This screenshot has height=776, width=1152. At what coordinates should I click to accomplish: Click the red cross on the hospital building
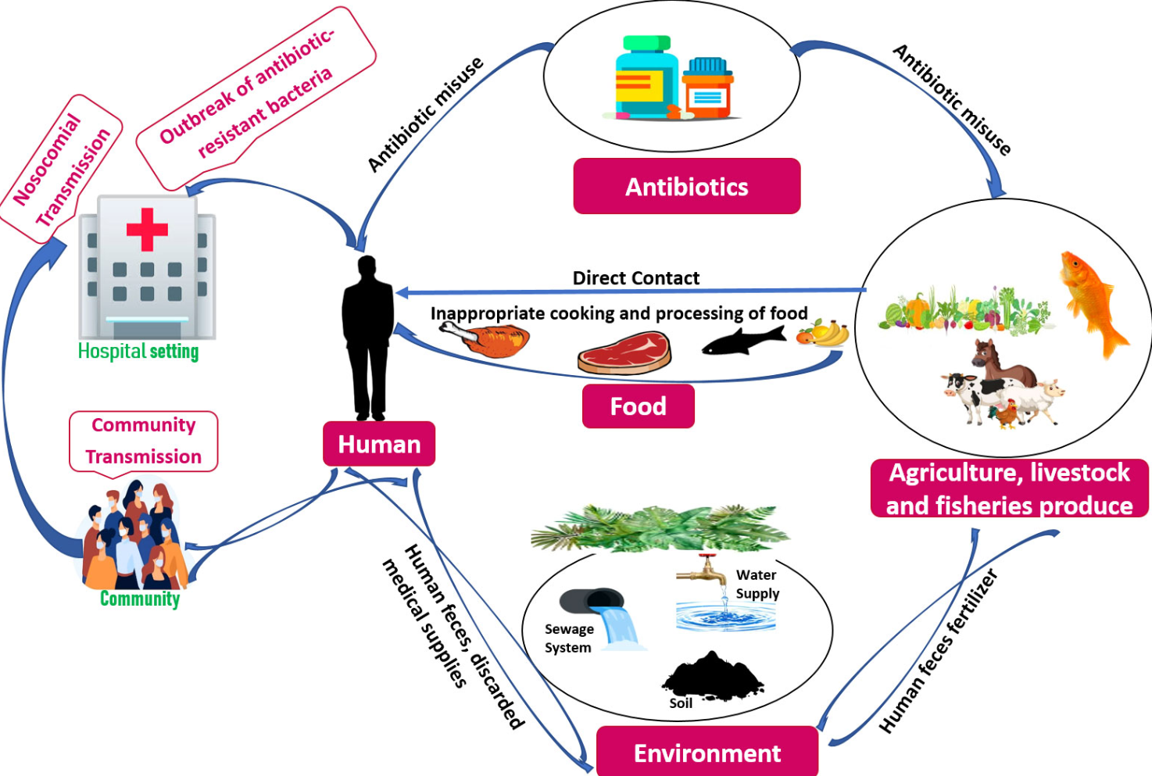click(x=147, y=229)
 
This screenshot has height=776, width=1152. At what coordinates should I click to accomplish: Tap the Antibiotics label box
click(x=686, y=187)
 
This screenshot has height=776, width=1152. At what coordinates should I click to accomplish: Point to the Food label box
click(x=638, y=406)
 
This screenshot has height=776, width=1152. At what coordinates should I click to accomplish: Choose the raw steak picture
click(x=625, y=353)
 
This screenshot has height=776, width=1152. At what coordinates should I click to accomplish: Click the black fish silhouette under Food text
click(x=742, y=341)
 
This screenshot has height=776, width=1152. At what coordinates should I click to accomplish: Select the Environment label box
click(x=707, y=753)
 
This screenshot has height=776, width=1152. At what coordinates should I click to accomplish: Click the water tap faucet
click(x=700, y=570)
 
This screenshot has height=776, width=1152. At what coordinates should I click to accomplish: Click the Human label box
click(x=379, y=444)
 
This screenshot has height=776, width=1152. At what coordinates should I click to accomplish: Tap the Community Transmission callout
click(x=144, y=441)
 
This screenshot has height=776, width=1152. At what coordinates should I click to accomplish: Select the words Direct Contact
click(x=635, y=278)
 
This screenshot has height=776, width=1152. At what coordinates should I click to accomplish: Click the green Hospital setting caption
click(x=138, y=352)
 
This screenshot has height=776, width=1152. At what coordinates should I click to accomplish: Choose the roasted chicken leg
click(x=488, y=339)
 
